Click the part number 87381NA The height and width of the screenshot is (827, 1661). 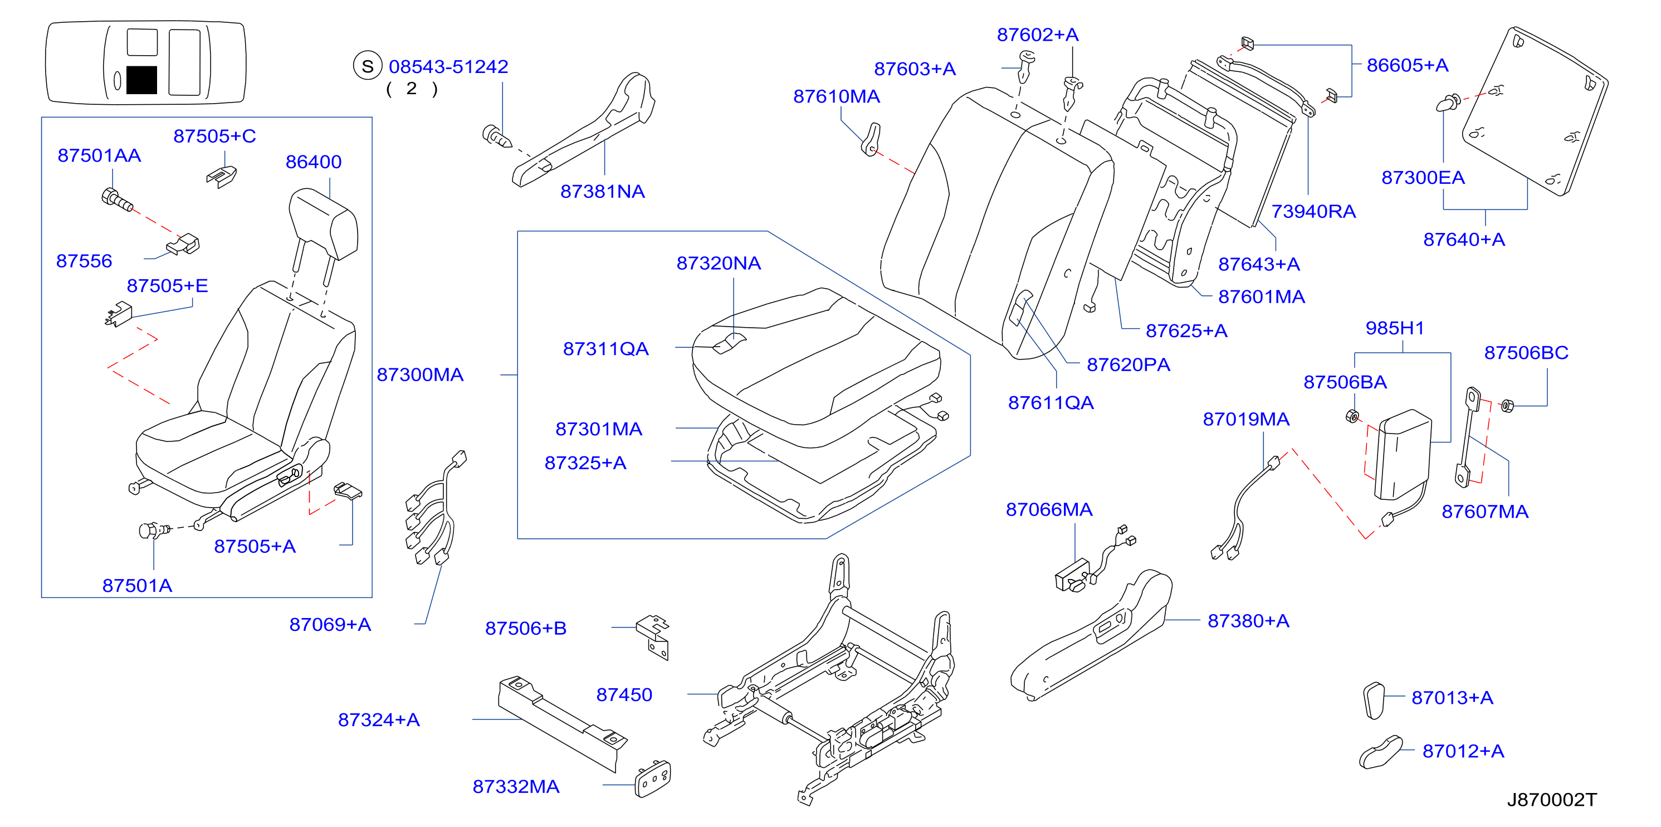tap(602, 192)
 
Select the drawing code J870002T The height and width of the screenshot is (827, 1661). tap(1551, 800)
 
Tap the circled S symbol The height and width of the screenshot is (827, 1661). tap(368, 66)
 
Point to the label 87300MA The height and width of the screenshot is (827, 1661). tap(420, 375)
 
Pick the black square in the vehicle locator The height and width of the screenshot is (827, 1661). tap(142, 80)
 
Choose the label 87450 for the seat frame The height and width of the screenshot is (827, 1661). tap(624, 695)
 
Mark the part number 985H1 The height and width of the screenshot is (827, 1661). tap(1395, 328)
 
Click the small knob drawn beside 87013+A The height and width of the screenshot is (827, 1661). tap(1374, 700)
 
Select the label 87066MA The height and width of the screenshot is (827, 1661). tap(1049, 509)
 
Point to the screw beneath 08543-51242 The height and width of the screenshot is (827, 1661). tap(496, 136)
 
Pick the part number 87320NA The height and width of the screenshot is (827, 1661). tap(719, 263)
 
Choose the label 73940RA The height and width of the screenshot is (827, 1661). tap(1313, 212)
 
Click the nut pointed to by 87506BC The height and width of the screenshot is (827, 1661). tap(1507, 406)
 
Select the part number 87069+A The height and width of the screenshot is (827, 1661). tap(330, 625)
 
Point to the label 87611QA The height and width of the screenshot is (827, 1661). tap(1051, 403)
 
